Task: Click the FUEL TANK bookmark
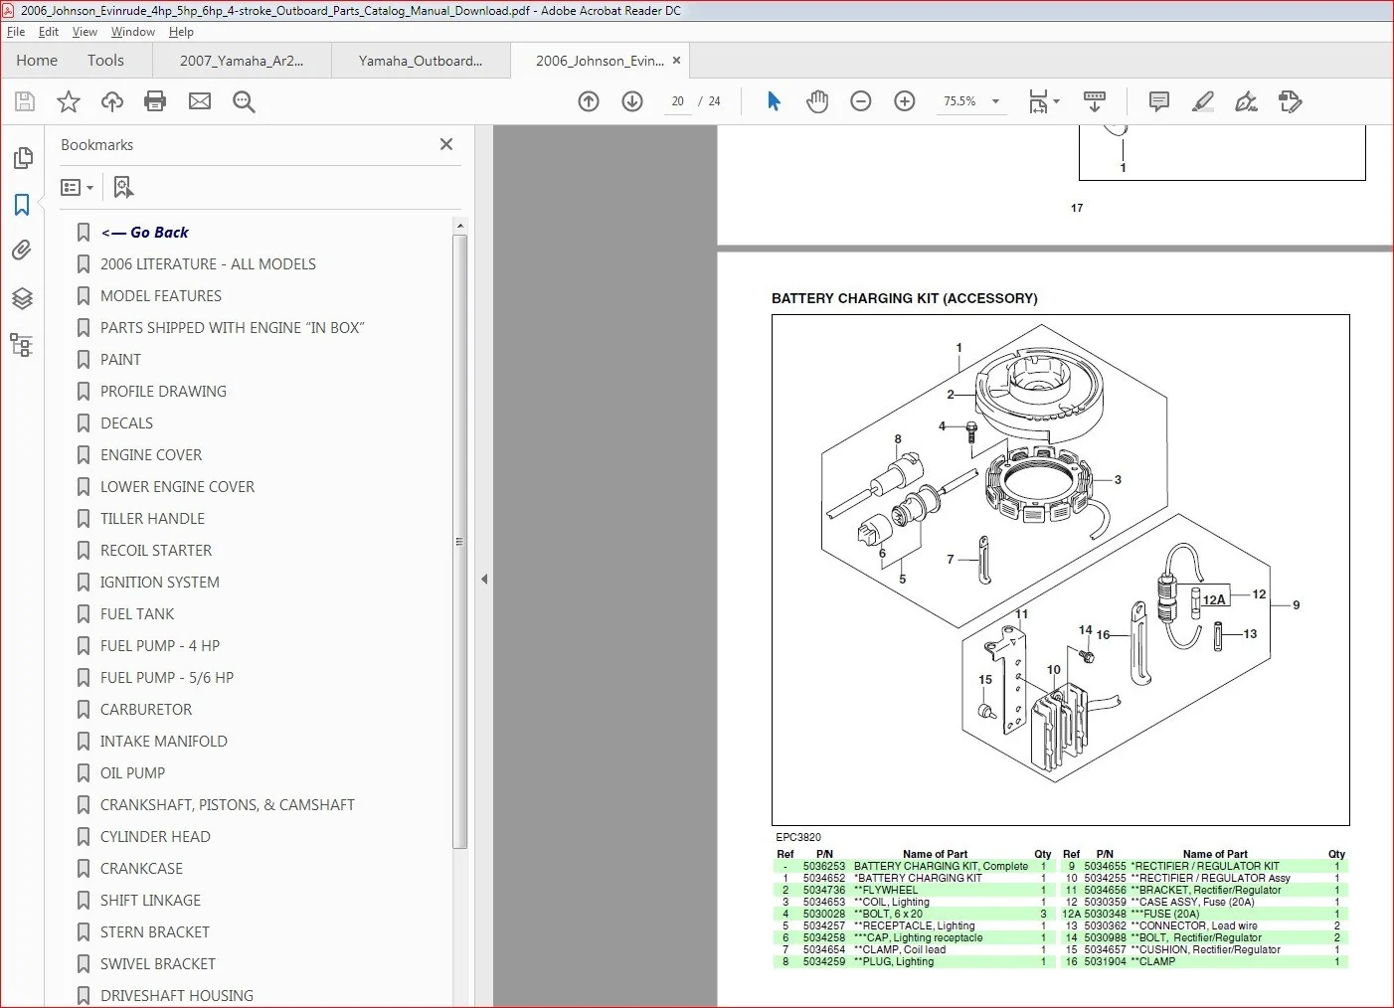click(x=137, y=614)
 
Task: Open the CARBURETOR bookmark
click(x=145, y=710)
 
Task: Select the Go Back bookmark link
click(x=144, y=232)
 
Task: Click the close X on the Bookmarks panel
click(x=446, y=144)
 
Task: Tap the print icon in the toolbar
click(x=155, y=100)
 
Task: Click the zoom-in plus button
click(x=904, y=100)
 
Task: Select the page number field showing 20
click(x=678, y=101)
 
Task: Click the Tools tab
click(x=105, y=61)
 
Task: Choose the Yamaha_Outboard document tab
click(x=420, y=61)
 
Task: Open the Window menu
click(x=132, y=32)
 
